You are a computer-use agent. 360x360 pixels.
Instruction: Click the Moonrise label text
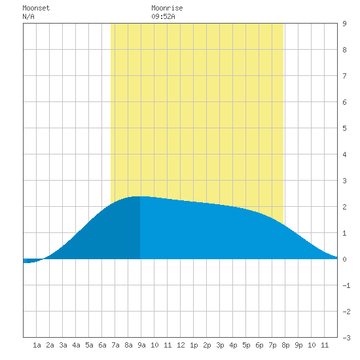pos(167,8)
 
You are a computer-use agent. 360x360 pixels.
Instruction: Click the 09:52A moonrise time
pos(163,16)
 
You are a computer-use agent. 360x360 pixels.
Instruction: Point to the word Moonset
pos(36,8)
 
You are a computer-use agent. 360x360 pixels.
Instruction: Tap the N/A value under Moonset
pos(28,16)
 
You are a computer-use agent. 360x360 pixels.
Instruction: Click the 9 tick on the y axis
pos(344,24)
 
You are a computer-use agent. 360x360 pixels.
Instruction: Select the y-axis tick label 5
pos(344,128)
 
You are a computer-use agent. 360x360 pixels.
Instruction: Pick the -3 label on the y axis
pos(346,338)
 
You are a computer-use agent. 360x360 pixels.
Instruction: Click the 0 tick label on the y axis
pos(344,259)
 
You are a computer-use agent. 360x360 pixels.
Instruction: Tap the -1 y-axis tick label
pos(346,285)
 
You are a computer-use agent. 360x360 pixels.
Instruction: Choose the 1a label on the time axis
pos(37,345)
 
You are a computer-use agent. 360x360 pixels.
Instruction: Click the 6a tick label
pos(102,345)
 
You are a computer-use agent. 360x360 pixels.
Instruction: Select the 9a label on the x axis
pos(141,345)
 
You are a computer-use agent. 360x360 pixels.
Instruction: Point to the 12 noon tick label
pos(181,345)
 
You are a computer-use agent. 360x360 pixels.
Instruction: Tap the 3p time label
pos(220,345)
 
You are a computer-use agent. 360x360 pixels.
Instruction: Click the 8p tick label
pos(285,345)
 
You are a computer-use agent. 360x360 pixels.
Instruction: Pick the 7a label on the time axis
pos(115,345)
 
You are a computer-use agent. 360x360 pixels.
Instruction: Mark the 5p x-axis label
pos(246,345)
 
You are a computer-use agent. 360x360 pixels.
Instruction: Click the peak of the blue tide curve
pos(140,196)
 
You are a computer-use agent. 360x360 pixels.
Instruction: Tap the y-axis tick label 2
pos(344,207)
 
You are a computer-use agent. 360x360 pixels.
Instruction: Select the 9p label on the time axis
pos(298,345)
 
